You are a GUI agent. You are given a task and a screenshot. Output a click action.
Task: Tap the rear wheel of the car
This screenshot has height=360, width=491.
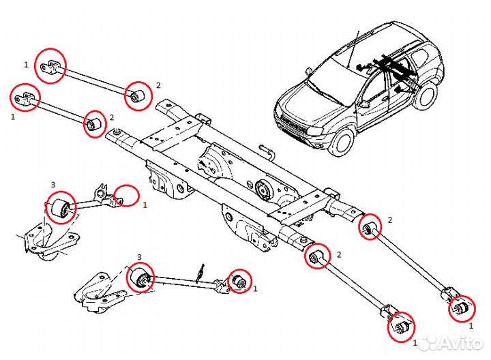click(427, 95)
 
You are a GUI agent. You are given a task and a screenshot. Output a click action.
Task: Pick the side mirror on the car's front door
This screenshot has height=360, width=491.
click(365, 104)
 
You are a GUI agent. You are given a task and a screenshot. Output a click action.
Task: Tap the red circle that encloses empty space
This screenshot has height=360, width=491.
click(127, 196)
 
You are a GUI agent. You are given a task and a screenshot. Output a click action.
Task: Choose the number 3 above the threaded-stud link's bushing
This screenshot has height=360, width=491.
click(139, 257)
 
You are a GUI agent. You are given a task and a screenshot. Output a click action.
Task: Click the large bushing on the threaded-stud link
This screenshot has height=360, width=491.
click(142, 278)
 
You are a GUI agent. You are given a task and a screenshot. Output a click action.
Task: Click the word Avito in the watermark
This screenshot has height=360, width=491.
click(460, 343)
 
